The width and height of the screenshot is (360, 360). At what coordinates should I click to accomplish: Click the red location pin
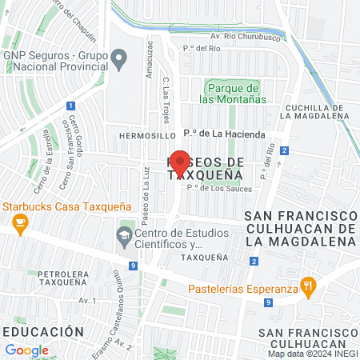pos(180,166)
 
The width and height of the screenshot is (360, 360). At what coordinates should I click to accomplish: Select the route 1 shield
pos(70,106)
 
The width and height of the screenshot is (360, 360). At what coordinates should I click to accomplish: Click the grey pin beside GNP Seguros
pos(119,58)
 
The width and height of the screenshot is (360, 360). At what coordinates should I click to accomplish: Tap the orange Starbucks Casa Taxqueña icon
pos(18,222)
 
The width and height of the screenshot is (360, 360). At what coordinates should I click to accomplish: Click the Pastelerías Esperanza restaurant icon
pos(306,286)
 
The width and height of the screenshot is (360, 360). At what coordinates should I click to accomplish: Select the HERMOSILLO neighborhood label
pos(146,136)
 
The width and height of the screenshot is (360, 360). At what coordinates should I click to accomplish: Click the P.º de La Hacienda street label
pos(223,135)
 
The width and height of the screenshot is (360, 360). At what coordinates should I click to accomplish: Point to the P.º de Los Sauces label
pos(219,189)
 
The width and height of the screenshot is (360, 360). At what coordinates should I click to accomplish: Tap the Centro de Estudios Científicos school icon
pos(124,234)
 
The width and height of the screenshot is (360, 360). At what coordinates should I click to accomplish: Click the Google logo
pos(26,350)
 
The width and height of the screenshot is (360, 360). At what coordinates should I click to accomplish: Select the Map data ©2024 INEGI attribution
pos(311,354)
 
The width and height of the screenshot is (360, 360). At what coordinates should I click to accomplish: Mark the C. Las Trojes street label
pos(169,97)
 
